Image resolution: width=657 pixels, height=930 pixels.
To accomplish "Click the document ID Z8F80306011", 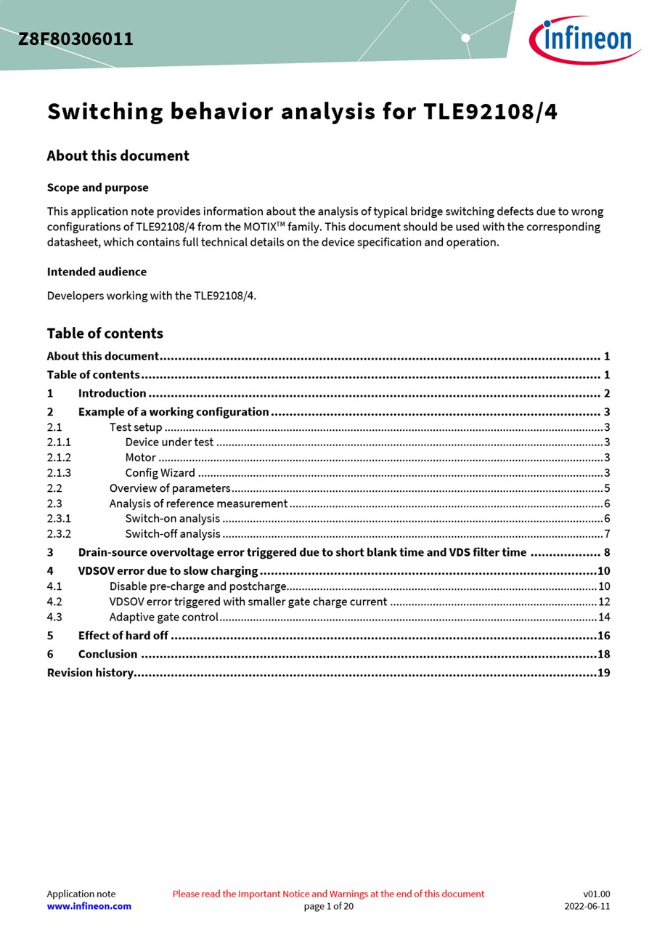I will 76,39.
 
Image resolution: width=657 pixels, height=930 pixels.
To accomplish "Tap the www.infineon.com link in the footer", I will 89,906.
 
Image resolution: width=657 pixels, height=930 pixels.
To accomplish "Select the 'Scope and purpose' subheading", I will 97,187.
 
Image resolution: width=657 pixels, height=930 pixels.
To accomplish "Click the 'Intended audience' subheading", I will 97,272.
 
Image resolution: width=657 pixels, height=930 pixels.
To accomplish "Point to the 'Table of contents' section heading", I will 105,333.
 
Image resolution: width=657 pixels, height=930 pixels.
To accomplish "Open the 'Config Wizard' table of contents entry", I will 160,473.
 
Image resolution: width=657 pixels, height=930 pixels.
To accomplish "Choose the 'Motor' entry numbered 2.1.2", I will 140,458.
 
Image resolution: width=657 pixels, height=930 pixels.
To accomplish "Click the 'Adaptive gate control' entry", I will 163,617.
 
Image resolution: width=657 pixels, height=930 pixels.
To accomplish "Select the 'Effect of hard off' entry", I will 123,636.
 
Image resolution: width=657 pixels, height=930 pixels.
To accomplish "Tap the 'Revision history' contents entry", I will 90,673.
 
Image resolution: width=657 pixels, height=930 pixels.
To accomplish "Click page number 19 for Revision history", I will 603,673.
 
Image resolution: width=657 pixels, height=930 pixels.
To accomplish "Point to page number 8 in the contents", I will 606,552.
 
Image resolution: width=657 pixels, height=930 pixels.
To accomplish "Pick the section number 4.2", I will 54,602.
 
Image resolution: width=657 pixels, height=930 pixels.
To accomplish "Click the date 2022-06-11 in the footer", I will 587,906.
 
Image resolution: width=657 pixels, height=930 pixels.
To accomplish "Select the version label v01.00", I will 596,894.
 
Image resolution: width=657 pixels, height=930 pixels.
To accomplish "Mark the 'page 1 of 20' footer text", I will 328,906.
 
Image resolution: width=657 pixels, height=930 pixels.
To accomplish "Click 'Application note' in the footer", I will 81,894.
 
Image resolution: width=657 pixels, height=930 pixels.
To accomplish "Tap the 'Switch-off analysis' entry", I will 172,534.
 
